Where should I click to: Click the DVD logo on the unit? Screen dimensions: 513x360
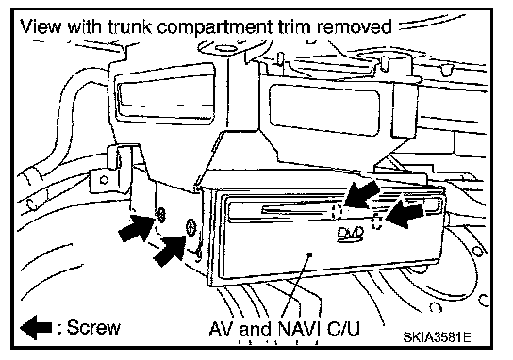coord(351,235)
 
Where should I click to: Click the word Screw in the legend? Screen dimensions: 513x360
coord(93,327)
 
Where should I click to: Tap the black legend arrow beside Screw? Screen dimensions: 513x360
coord(36,327)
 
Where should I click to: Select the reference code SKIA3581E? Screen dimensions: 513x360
coord(437,336)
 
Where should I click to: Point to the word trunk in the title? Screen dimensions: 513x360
coord(130,26)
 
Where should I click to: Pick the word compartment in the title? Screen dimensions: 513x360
coord(215,27)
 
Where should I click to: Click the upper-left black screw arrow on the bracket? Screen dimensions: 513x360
coord(136,228)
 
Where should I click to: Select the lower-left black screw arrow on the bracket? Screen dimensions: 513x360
coord(170,251)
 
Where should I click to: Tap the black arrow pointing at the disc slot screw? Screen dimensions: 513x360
coord(361,194)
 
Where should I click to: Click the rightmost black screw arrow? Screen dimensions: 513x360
coord(405,215)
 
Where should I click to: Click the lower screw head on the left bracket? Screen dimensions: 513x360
coord(191,227)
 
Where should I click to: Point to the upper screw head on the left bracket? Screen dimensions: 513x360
coord(161,215)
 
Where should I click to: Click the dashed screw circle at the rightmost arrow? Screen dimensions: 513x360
coord(376,221)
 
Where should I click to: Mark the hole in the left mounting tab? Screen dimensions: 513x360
coord(104,180)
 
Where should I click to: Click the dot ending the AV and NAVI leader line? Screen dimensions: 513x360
coord(310,254)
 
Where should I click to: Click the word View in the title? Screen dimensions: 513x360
coord(41,26)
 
